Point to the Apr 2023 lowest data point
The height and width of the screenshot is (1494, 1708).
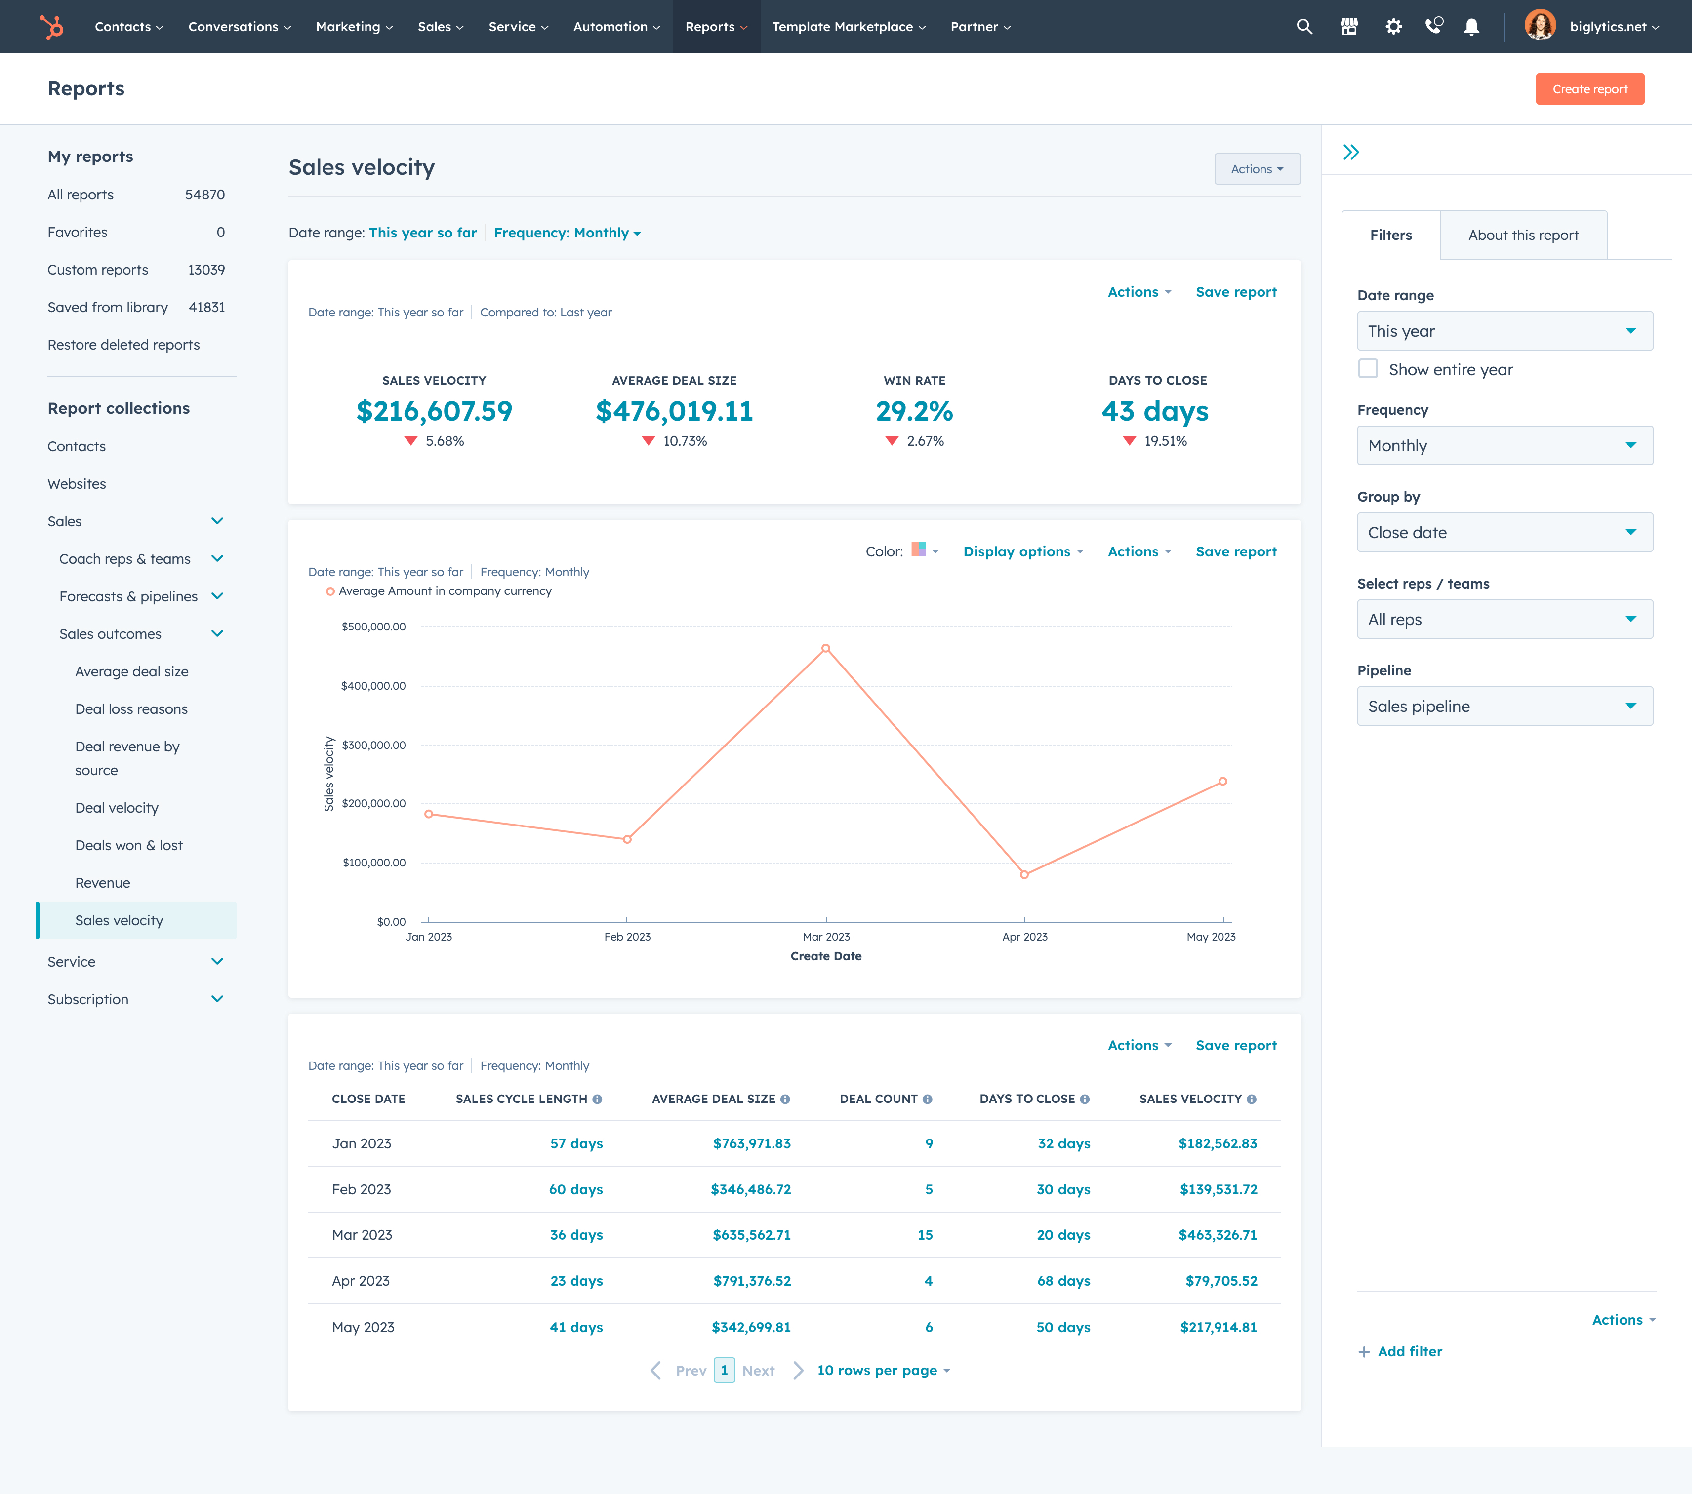pos(1024,874)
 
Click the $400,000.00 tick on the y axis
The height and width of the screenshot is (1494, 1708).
pos(373,685)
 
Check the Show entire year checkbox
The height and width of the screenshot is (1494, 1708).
pos(1368,368)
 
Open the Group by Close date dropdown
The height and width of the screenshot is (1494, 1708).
pos(1504,532)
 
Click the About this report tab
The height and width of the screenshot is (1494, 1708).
pos(1523,235)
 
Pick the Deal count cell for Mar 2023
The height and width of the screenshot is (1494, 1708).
pos(925,1235)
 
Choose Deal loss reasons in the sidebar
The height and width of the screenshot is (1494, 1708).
pos(131,708)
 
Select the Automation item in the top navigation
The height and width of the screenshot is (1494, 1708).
pos(615,27)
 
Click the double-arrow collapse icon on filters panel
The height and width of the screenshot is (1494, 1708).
pos(1351,152)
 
